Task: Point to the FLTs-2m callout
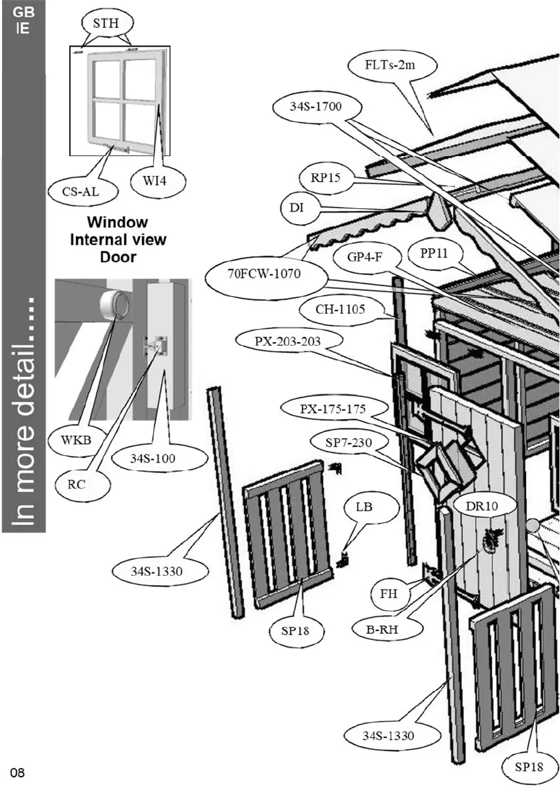click(392, 66)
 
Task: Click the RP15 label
click(326, 178)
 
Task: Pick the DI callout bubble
click(297, 208)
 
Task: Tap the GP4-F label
click(365, 257)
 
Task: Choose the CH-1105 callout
click(349, 310)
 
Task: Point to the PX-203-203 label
click(288, 342)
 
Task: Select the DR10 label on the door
click(482, 506)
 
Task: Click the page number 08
click(17, 773)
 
